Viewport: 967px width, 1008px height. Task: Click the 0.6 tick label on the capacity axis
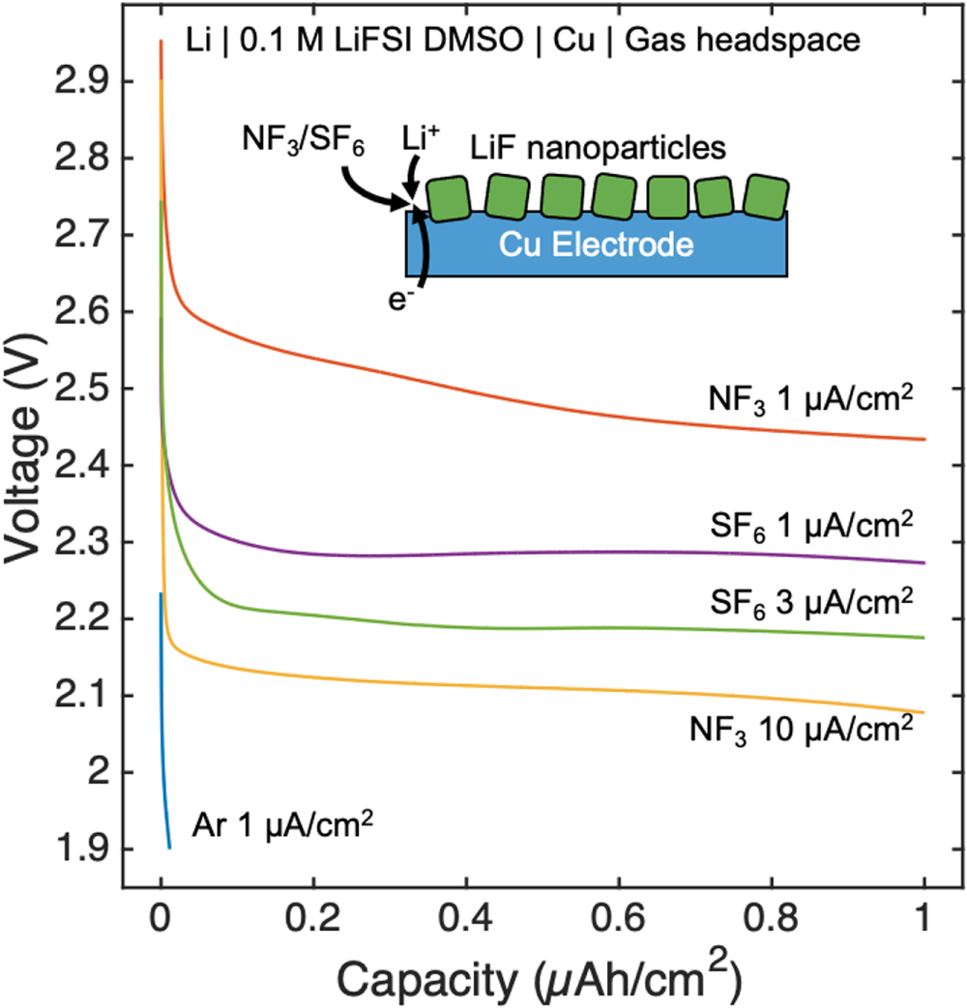[619, 916]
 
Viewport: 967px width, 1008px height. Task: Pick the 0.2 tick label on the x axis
[312, 916]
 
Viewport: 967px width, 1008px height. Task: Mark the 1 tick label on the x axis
[925, 916]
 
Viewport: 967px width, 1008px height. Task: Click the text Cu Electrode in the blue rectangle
[597, 245]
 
